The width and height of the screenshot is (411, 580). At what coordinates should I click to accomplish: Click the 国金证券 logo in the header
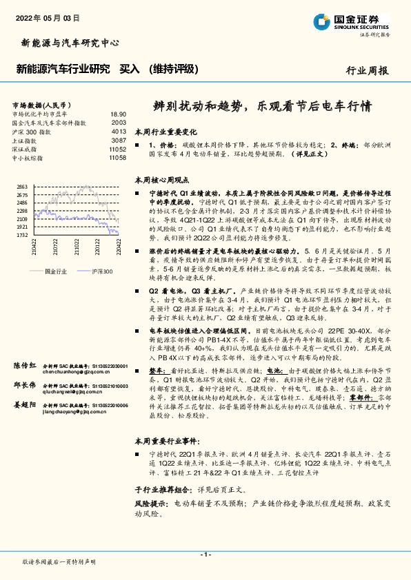point(354,21)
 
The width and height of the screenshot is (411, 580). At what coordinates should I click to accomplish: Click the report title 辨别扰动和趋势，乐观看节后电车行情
point(262,107)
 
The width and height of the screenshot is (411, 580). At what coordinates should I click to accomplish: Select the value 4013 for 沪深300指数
point(119,131)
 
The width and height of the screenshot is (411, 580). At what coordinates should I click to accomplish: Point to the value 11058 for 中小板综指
point(117,158)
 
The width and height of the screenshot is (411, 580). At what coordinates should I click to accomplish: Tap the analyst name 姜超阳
point(24,407)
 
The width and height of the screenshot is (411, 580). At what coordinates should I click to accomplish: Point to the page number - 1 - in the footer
point(205,554)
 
